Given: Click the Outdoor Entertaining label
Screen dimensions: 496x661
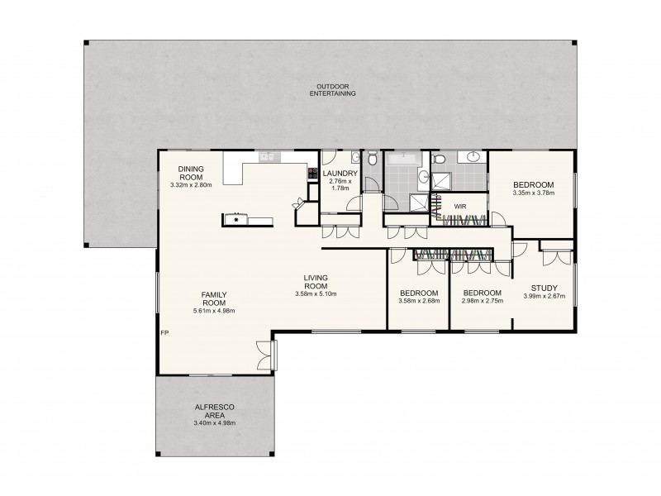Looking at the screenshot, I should click(335, 90).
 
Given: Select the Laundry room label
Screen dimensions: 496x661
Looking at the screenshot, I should click(340, 173).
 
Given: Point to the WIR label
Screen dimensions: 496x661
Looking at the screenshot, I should click(459, 205).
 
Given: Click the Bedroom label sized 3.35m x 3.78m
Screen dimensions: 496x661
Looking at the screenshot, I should click(532, 185).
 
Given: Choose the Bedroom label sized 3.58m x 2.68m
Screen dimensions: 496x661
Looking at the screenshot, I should click(419, 293).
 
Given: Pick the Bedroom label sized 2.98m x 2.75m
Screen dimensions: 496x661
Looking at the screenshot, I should click(481, 293).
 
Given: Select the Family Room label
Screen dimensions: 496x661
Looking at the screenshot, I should click(209, 298).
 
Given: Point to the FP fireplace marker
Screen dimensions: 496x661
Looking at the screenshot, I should click(165, 333).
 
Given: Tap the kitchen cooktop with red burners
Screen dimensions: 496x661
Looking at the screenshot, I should click(313, 174).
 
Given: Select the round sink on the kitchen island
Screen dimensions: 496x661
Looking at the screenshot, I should click(237, 220).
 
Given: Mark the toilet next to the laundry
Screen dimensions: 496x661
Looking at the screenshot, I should click(373, 159).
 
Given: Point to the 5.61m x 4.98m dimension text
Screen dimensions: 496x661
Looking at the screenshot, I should click(209, 311).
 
